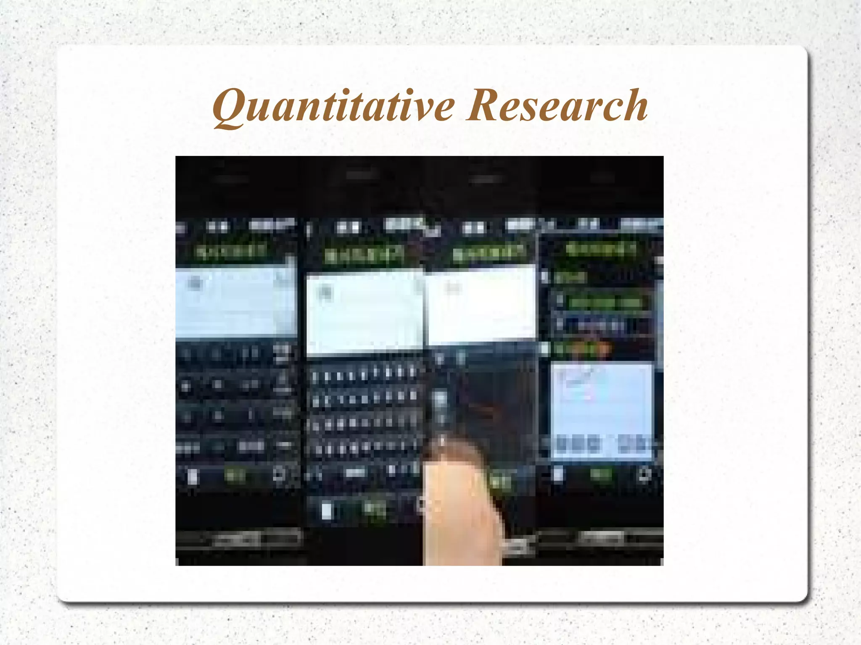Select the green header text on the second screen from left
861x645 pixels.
click(364, 255)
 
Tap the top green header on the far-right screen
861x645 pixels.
click(601, 250)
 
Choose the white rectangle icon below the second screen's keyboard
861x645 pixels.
click(327, 511)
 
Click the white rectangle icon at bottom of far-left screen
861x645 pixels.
click(192, 477)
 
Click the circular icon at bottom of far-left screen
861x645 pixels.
click(279, 475)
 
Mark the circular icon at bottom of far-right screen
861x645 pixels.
click(644, 474)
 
